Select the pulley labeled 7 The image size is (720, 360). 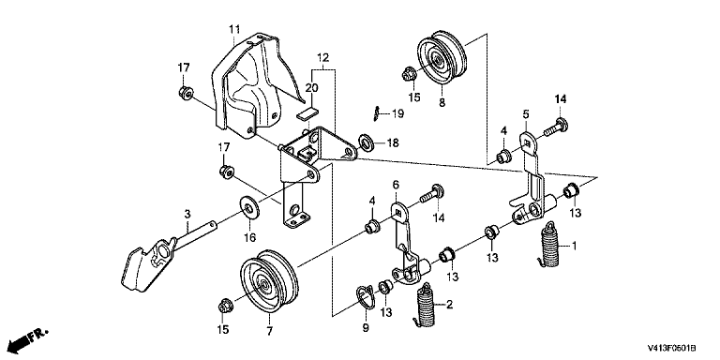(x=269, y=281)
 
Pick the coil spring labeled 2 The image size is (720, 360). (x=427, y=305)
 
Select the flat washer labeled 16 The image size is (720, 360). (x=250, y=209)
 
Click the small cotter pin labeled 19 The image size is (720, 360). (x=376, y=113)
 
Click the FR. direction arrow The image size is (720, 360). (x=28, y=337)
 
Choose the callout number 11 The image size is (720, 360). (x=234, y=29)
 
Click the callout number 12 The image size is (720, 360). (x=322, y=58)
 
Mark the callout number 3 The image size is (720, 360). (x=187, y=214)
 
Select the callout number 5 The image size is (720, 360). (x=526, y=113)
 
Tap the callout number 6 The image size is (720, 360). (x=396, y=185)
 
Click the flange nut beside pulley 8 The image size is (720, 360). (x=409, y=73)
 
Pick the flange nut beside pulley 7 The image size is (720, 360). (x=225, y=305)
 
